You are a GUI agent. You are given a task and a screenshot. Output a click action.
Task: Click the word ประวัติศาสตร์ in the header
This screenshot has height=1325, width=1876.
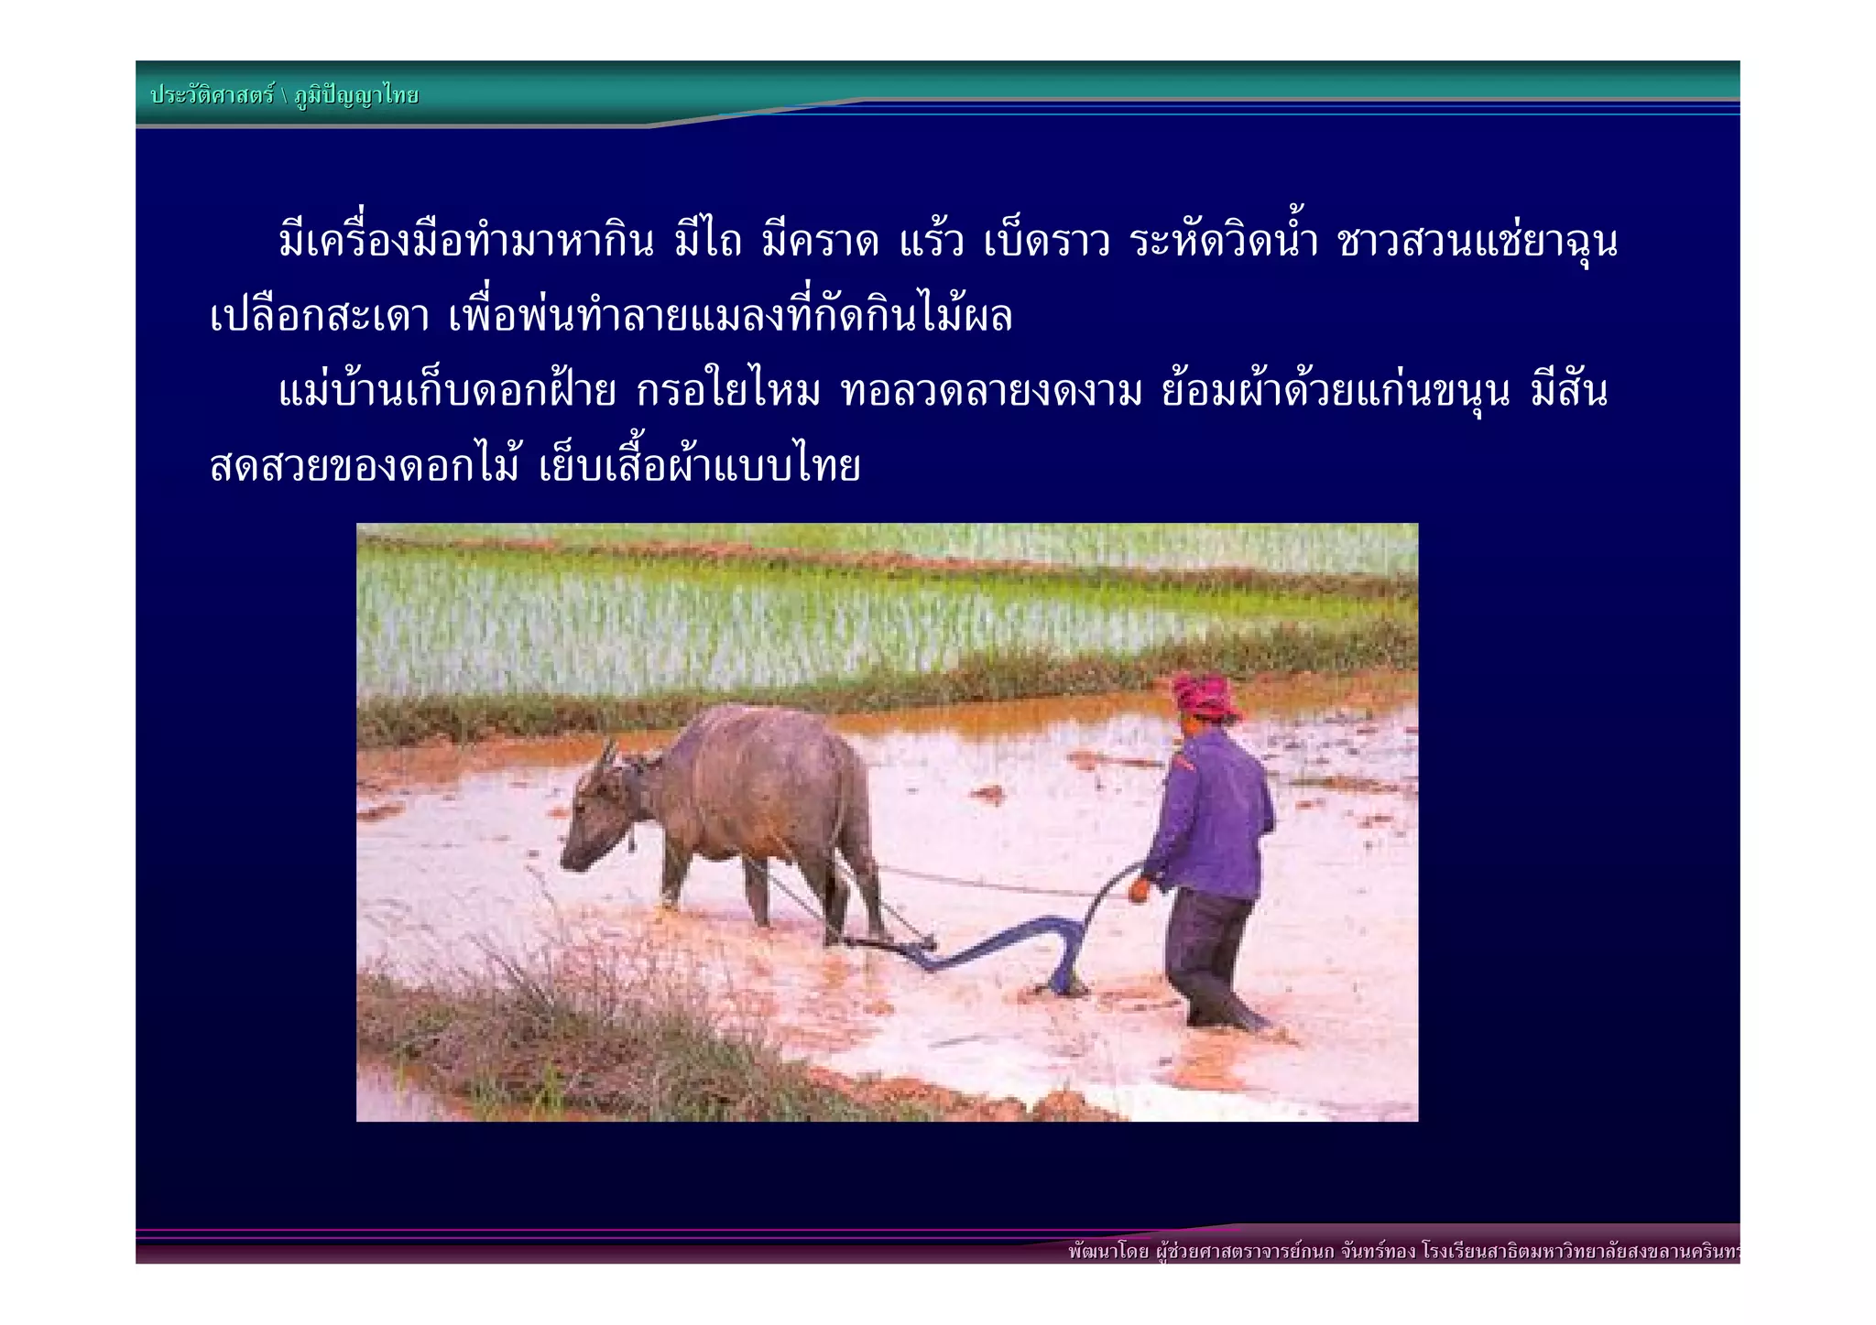[x=213, y=95]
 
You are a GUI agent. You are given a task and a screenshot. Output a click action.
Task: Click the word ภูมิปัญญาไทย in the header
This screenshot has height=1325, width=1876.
[x=356, y=95]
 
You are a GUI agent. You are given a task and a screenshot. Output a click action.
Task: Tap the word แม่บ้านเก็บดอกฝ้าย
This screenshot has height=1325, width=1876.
[x=447, y=392]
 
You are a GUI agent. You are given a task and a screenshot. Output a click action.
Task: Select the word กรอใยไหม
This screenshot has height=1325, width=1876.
[x=728, y=392]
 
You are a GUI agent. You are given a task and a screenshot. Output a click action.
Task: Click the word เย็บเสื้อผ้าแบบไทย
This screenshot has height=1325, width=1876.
[x=700, y=467]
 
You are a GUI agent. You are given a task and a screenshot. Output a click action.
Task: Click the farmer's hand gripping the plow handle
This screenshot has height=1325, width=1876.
[x=1140, y=887]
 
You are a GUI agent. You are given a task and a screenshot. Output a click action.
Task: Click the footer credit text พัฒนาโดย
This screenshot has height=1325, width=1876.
[x=1108, y=1252]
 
